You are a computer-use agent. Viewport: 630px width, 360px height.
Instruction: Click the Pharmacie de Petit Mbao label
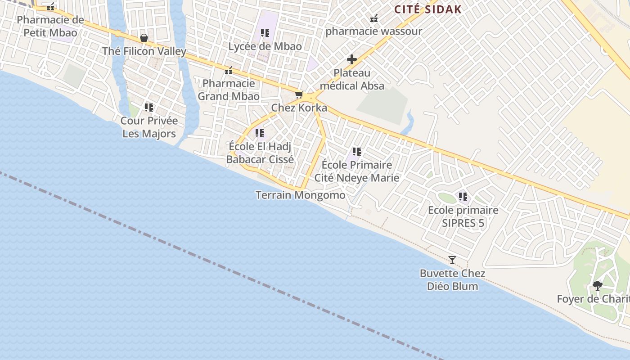pos(50,26)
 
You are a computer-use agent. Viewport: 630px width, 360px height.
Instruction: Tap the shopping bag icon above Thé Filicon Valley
pos(144,38)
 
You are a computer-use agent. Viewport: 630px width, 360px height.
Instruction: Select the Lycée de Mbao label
pos(265,46)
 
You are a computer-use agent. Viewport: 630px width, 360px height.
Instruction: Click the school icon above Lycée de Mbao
pos(265,33)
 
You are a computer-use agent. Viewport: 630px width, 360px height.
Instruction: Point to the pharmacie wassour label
pos(373,31)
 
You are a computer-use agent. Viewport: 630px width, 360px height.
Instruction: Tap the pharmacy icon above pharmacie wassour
pos(373,18)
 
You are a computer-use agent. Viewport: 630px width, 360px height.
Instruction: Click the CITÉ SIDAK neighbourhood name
pos(428,9)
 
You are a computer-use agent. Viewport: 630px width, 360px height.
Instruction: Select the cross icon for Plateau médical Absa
pos(352,59)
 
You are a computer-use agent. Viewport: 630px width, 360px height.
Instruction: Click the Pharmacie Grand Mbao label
pos(229,90)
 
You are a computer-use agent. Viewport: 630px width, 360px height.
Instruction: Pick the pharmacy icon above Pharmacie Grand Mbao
pos(229,71)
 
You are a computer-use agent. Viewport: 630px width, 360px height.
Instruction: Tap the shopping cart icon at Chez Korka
pos(299,95)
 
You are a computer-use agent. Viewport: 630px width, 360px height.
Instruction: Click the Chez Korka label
pos(299,108)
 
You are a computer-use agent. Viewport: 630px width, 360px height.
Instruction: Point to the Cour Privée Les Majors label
pos(149,127)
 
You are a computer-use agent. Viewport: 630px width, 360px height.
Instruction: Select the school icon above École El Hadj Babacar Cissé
pos(260,133)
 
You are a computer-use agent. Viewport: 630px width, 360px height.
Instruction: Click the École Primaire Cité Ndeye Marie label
pos(357,171)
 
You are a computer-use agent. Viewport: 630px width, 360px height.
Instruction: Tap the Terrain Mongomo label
pos(300,195)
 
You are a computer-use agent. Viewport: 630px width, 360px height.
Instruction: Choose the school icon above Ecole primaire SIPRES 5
pos(463,197)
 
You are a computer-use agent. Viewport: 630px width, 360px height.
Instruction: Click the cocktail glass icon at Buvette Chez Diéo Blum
pos(452,260)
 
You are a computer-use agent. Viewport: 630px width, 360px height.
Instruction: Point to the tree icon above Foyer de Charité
pos(598,285)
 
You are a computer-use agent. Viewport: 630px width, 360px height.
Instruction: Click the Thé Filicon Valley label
pos(144,51)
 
